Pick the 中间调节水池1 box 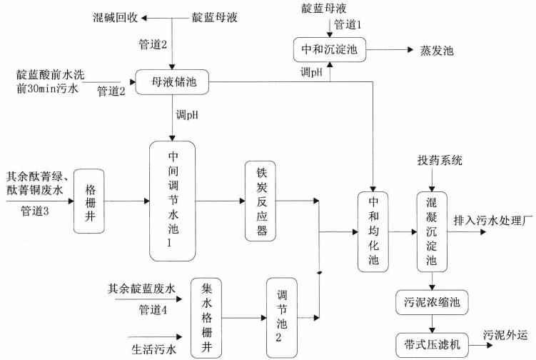pyautogui.click(x=172, y=201)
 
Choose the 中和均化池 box pyautogui.click(x=374, y=231)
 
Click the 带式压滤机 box pyautogui.click(x=431, y=341)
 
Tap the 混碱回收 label pyautogui.click(x=116, y=15)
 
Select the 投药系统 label pyautogui.click(x=440, y=161)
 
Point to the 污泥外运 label pyautogui.click(x=507, y=334)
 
